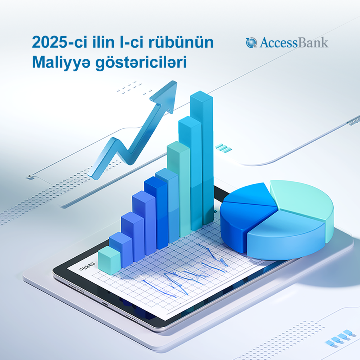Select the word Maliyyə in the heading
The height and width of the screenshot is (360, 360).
[61, 63]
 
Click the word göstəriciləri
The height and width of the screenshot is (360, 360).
[141, 63]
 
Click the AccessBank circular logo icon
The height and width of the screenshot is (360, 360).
[251, 43]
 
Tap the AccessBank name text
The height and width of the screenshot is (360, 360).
[294, 43]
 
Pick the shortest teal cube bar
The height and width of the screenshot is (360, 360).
[109, 260]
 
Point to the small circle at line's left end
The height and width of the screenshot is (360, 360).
[30, 177]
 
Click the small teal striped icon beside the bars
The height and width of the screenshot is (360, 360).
[223, 148]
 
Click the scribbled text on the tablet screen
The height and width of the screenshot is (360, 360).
[87, 266]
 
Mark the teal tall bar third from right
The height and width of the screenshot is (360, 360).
[179, 189]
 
